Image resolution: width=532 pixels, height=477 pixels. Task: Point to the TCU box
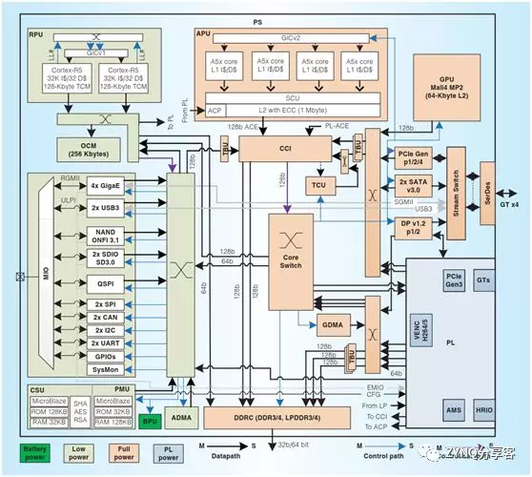click(x=317, y=183)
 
